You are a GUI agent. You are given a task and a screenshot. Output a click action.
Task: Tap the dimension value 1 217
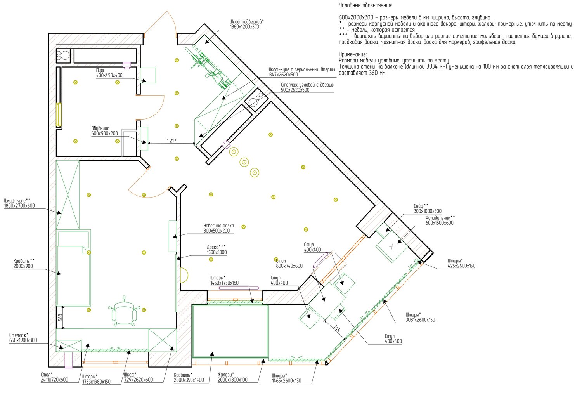tap(171, 141)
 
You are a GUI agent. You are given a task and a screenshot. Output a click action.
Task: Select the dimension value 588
tap(60, 317)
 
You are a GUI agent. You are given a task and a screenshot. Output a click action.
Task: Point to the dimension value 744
tap(337, 329)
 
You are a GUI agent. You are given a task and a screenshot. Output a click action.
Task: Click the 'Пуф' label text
tap(100, 70)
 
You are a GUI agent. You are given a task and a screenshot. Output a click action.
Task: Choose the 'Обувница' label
tap(100, 128)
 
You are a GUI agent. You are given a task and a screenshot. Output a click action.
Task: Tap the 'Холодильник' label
tap(440, 217)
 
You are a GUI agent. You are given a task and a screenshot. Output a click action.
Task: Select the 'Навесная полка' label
tap(218, 226)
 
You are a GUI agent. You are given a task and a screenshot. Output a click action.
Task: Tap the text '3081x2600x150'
tap(420, 320)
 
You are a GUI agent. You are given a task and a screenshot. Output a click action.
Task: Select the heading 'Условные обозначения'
tap(365, 5)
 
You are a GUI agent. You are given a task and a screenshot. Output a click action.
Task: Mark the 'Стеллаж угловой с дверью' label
tap(307, 85)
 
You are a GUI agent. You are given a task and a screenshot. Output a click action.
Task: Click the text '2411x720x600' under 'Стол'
tap(54, 380)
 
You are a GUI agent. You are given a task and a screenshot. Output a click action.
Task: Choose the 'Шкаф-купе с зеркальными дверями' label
tap(302, 69)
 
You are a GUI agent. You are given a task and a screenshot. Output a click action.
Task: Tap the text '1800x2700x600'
tap(19, 206)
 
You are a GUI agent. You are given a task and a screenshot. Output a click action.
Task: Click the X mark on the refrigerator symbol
tap(392, 246)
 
